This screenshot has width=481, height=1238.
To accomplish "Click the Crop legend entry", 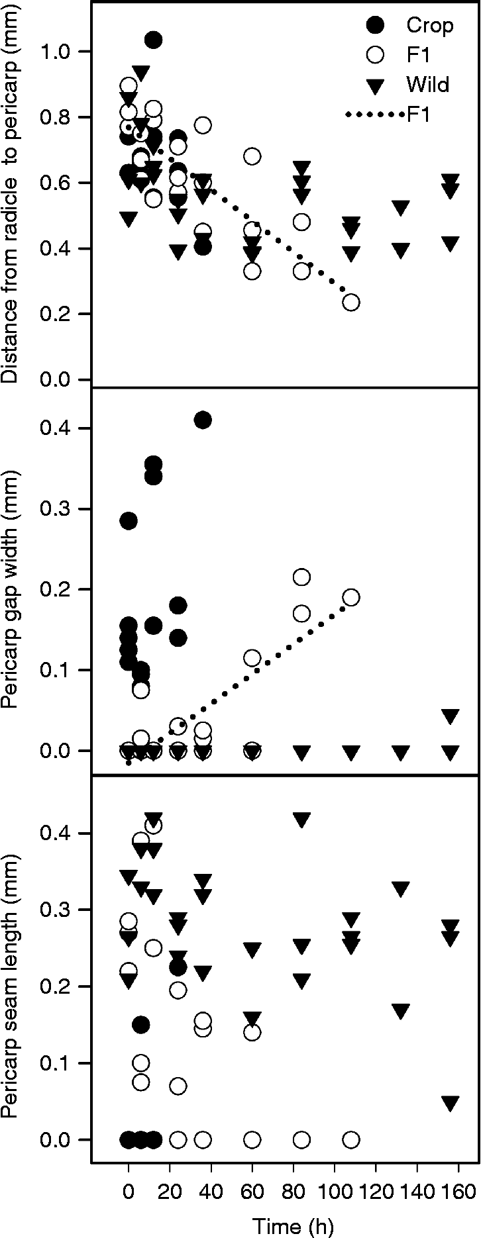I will (429, 25).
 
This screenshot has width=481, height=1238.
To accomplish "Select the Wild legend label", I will (427, 85).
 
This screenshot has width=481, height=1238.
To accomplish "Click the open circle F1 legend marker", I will (375, 55).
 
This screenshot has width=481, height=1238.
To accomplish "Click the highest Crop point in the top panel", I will (153, 40).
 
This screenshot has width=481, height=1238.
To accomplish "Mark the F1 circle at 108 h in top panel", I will (351, 302).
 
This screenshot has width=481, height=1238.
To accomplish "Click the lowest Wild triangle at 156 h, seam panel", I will (451, 1104).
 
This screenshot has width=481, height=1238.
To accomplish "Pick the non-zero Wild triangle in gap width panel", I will (451, 716).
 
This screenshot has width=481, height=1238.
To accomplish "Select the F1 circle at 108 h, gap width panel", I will (351, 597).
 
